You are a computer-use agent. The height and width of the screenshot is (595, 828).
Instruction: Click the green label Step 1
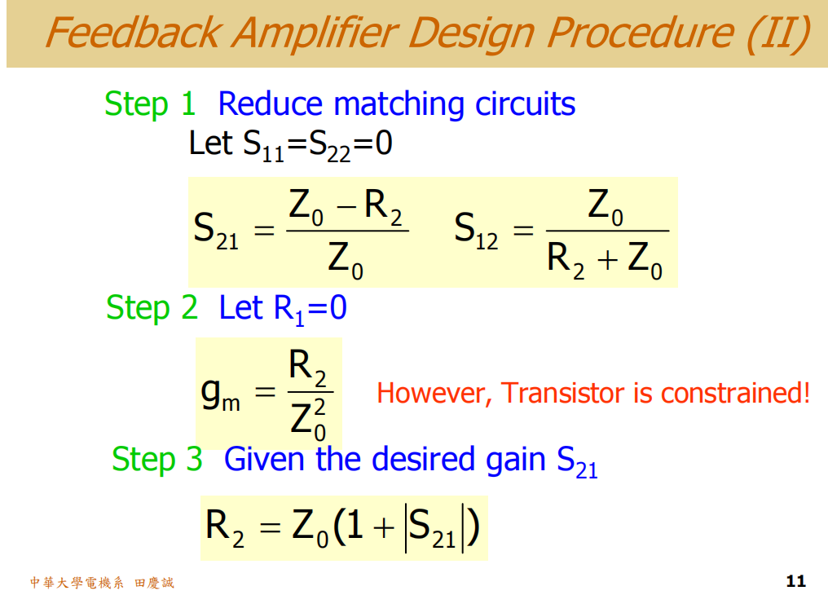coord(151,104)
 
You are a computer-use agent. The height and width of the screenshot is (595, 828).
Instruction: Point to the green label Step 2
coord(152,307)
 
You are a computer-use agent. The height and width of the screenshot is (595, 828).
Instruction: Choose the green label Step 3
coord(157,459)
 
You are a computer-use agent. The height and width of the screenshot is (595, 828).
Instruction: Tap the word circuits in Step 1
coord(526,104)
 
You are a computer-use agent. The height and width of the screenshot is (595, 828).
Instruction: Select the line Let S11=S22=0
coord(290,144)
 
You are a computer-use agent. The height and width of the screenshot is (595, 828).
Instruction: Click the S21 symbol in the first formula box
coord(216,230)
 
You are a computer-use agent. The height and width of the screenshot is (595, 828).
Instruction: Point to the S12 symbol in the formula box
coord(476,230)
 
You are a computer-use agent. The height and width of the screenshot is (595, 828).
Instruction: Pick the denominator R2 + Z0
coord(605,258)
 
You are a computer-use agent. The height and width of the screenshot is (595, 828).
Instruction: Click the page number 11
coord(795,581)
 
